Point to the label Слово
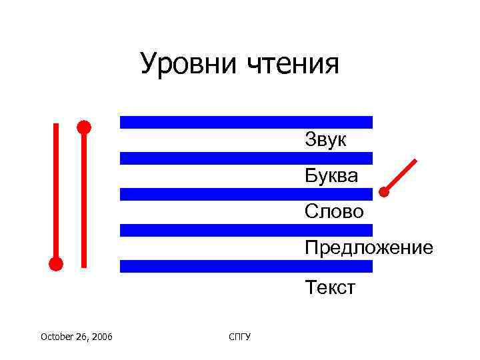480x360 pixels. pos(334,211)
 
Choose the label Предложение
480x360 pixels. pos(369,248)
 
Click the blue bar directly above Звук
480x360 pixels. pos(245,122)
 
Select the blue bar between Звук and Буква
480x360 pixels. pos(245,158)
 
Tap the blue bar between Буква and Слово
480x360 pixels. pos(245,194)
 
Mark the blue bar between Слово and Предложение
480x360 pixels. pos(245,230)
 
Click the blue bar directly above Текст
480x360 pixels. pos(245,266)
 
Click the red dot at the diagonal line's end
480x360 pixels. pos(384,192)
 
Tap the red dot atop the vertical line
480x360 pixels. pos(83,126)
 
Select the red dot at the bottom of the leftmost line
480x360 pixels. pos(56,263)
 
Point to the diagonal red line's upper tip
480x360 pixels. pos(415,161)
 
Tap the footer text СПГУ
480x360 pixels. pos(239,337)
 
